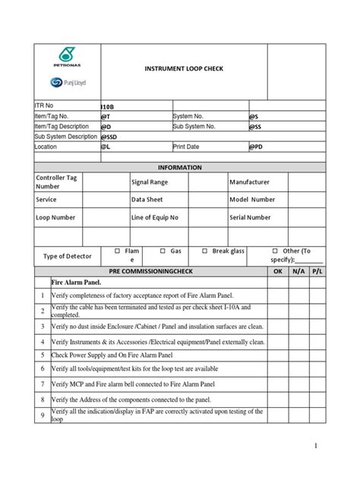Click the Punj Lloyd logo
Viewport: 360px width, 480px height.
pyautogui.click(x=69, y=83)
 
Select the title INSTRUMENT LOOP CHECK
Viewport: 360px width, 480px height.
pyautogui.click(x=184, y=68)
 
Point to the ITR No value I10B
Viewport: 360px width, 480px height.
pyautogui.click(x=108, y=107)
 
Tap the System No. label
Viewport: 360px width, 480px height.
pyautogui.click(x=190, y=116)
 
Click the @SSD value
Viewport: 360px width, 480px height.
pyautogui.click(x=109, y=137)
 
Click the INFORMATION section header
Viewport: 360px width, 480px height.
pyautogui.click(x=179, y=167)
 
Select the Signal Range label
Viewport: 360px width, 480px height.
pyautogui.click(x=150, y=182)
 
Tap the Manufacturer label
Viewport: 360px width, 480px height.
pyautogui.click(x=249, y=182)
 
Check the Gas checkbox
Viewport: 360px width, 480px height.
pyautogui.click(x=163, y=250)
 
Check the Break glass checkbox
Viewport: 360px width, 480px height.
pyautogui.click(x=204, y=250)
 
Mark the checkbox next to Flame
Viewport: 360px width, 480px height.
pyautogui.click(x=117, y=250)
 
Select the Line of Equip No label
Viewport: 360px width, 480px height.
pyautogui.click(x=156, y=217)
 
